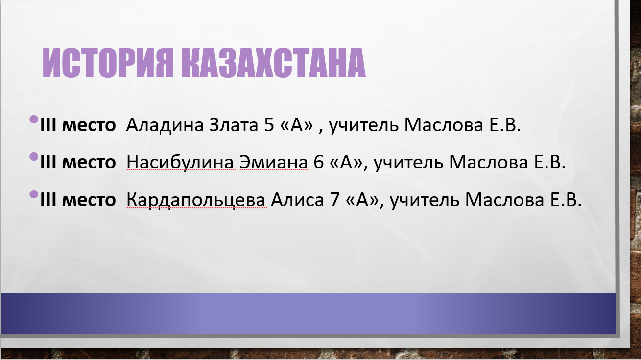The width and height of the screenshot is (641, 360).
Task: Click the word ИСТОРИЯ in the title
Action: pos(108,63)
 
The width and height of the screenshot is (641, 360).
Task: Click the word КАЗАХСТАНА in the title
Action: pos(274,63)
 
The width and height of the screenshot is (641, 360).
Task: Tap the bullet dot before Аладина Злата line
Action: pos(34,119)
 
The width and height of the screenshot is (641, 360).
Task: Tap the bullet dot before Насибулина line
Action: pos(34,157)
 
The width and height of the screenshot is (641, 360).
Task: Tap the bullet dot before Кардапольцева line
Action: pos(34,194)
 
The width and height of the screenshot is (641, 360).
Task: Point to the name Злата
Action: pos(234,125)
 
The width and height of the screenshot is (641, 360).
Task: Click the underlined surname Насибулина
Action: pos(180,162)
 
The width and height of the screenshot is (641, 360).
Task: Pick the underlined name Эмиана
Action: pos(274,162)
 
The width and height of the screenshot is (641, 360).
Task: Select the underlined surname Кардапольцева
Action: pos(196,200)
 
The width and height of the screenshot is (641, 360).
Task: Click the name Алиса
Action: pos(297,199)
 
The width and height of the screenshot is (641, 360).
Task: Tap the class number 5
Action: pos(269,125)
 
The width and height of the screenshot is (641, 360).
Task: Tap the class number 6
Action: pos(318,162)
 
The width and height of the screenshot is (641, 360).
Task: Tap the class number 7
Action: pos(334,199)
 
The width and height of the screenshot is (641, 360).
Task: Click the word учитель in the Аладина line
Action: pos(363,125)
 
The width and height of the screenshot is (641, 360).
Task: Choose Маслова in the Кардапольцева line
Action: pos(504,199)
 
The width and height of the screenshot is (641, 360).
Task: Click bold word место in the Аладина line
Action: pos(89,125)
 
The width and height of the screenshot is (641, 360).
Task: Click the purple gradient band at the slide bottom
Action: pos(308,313)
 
